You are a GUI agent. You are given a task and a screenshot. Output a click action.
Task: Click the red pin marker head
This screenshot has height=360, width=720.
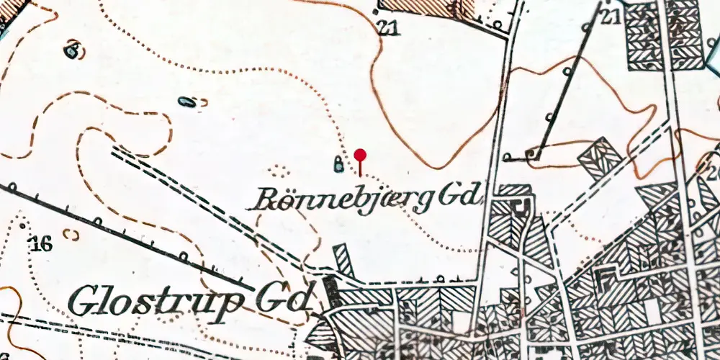(x=360, y=154)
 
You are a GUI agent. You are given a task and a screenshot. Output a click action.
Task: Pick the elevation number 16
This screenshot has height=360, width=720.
(x=42, y=243)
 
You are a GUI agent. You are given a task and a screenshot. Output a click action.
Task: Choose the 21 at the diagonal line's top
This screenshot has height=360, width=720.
(x=611, y=17)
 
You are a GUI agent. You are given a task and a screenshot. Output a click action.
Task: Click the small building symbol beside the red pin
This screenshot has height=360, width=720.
(x=338, y=164)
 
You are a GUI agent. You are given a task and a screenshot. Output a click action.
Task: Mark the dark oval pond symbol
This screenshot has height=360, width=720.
(x=186, y=102)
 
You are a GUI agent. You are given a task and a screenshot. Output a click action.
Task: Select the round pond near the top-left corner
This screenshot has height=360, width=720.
(x=72, y=50)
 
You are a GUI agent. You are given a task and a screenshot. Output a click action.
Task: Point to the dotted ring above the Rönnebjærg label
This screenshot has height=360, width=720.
(x=278, y=171)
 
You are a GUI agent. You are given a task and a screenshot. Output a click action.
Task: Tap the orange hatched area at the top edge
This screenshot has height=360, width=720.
(x=425, y=7)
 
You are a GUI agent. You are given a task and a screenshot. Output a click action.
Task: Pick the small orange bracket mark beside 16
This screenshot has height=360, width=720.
(x=71, y=235)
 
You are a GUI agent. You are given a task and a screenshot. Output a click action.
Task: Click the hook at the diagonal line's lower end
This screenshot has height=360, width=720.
(x=533, y=153)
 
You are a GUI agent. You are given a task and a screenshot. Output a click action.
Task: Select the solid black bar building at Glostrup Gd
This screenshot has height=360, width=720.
(x=330, y=293)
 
